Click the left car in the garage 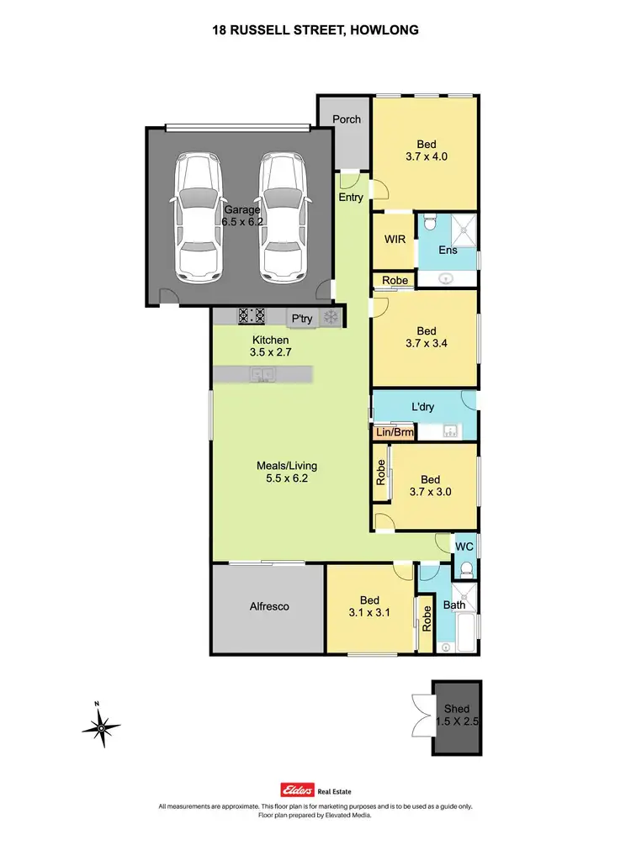197,217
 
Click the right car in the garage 281,217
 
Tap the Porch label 346,119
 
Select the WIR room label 395,240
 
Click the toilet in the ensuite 430,224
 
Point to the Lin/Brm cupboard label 395,433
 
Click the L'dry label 422,408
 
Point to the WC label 464,547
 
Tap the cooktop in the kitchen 252,317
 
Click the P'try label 300,319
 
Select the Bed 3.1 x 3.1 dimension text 370,614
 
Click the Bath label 454,605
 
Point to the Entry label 351,198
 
